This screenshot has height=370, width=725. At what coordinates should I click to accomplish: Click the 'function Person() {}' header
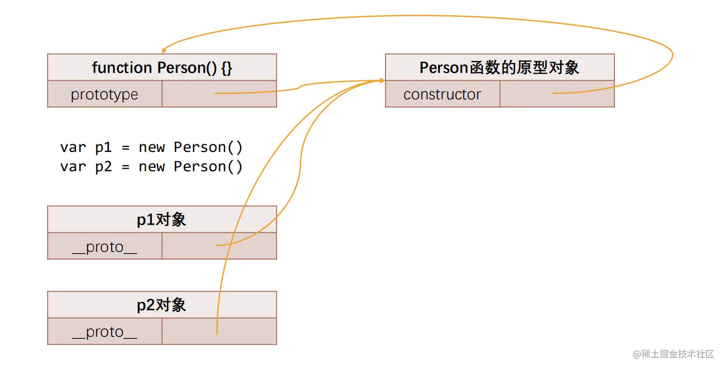point(162,68)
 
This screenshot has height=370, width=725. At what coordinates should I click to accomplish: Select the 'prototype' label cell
point(105,95)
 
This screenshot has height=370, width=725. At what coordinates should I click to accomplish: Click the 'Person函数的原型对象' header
point(499,68)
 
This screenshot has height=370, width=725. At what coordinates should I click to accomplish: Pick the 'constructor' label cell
point(442,95)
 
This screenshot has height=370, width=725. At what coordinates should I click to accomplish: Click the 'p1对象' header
point(162,220)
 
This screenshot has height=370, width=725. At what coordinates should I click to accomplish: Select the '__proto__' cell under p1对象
point(105,247)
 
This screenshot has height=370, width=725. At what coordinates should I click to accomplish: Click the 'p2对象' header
point(162,305)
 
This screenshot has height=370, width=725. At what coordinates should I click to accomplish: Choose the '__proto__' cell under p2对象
point(105,332)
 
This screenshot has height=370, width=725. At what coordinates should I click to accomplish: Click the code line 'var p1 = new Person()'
point(151,147)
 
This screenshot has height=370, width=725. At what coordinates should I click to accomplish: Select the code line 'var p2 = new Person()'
point(151,167)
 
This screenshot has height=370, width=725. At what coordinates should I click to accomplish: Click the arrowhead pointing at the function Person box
point(163,51)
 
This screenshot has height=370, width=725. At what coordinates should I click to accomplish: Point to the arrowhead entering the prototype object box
point(382,81)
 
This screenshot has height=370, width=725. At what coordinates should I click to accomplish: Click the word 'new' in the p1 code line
point(152,147)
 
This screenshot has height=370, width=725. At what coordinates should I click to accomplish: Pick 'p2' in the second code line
point(103,167)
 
